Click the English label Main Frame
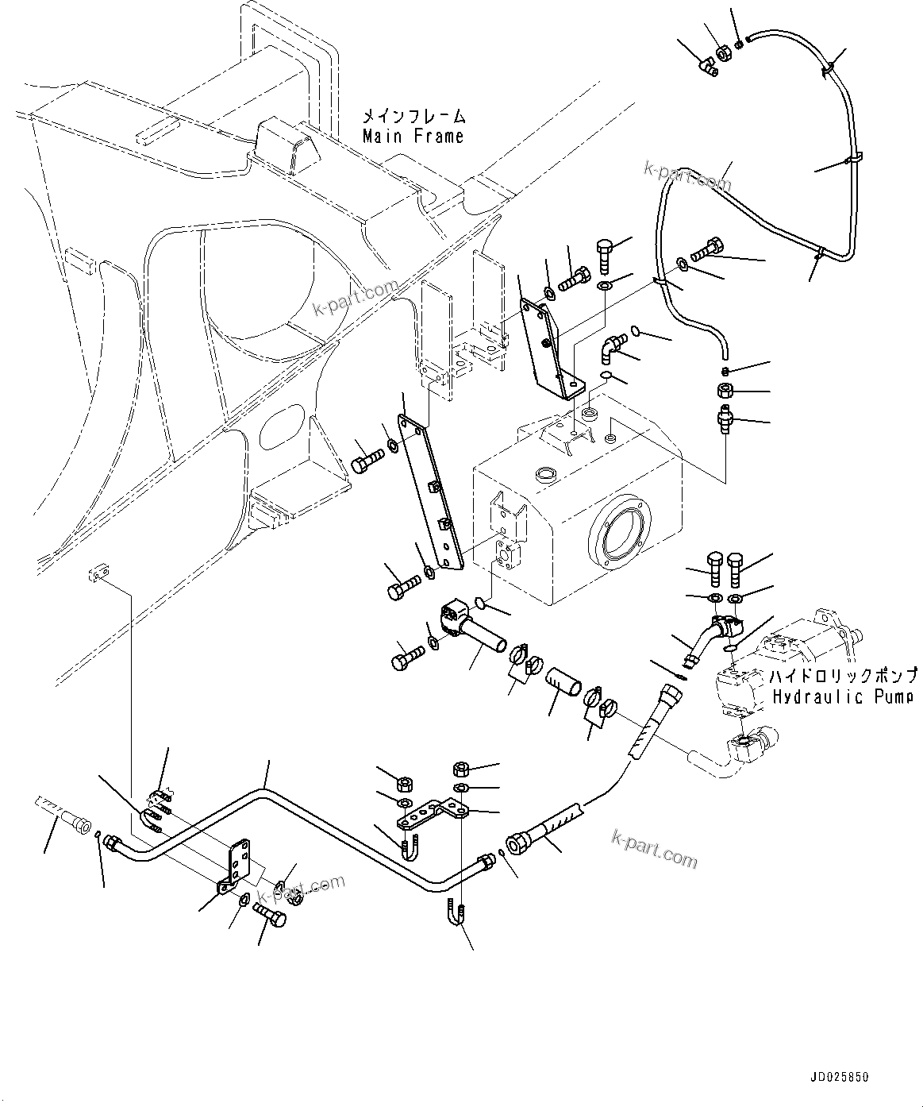click(413, 137)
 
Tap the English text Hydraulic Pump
click(841, 697)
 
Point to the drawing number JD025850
click(839, 1078)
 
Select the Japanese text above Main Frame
click(413, 116)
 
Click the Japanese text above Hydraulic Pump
click(841, 677)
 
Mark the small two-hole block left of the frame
click(98, 573)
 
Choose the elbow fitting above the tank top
click(612, 345)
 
